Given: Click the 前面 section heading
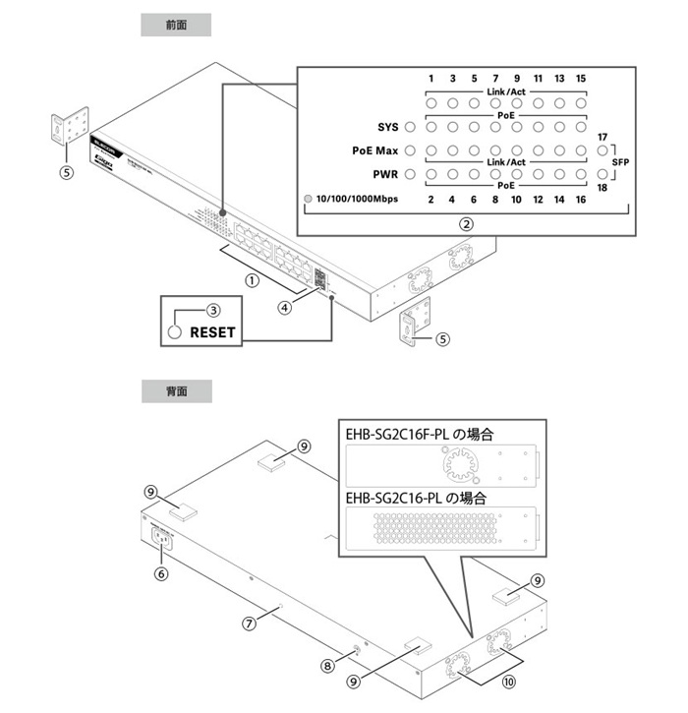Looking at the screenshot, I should pyautogui.click(x=176, y=25).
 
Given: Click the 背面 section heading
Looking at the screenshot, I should pyautogui.click(x=176, y=390).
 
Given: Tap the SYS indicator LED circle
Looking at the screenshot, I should pyautogui.click(x=410, y=126).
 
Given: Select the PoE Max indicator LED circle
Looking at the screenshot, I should pyautogui.click(x=410, y=150).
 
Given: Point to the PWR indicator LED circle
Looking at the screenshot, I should pyautogui.click(x=410, y=175).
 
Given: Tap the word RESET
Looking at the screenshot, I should pyautogui.click(x=212, y=332).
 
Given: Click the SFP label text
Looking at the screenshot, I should pyautogui.click(x=621, y=162).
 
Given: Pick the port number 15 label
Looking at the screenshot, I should pyautogui.click(x=581, y=78).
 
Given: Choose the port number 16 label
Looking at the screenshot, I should pyautogui.click(x=581, y=200).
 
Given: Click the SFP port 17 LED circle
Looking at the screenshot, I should pyautogui.click(x=602, y=150).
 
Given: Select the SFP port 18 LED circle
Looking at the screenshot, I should pyautogui.click(x=602, y=175).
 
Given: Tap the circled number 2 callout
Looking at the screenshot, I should pyautogui.click(x=467, y=223).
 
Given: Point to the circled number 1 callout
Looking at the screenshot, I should pyautogui.click(x=252, y=279).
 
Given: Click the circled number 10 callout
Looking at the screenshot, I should pyautogui.click(x=508, y=679).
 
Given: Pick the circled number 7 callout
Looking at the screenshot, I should pyautogui.click(x=250, y=622).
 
